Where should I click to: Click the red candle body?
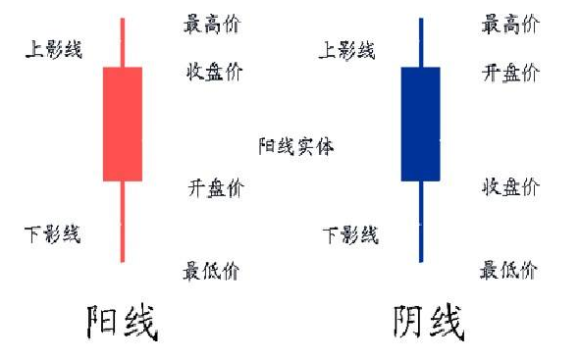click(x=123, y=124)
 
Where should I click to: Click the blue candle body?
click(x=420, y=124)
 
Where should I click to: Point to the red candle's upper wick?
click(x=123, y=42)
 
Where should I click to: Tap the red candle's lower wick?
click(x=123, y=222)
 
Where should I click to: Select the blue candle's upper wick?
click(x=420, y=42)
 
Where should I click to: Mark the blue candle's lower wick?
click(x=420, y=222)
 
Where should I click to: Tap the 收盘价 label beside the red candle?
click(x=214, y=71)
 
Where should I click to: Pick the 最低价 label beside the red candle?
click(x=211, y=271)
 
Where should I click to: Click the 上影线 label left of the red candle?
click(x=53, y=50)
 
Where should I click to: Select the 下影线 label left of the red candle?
click(x=53, y=233)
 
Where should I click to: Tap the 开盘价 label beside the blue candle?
click(x=510, y=71)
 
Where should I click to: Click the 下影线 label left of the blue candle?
click(x=350, y=233)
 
